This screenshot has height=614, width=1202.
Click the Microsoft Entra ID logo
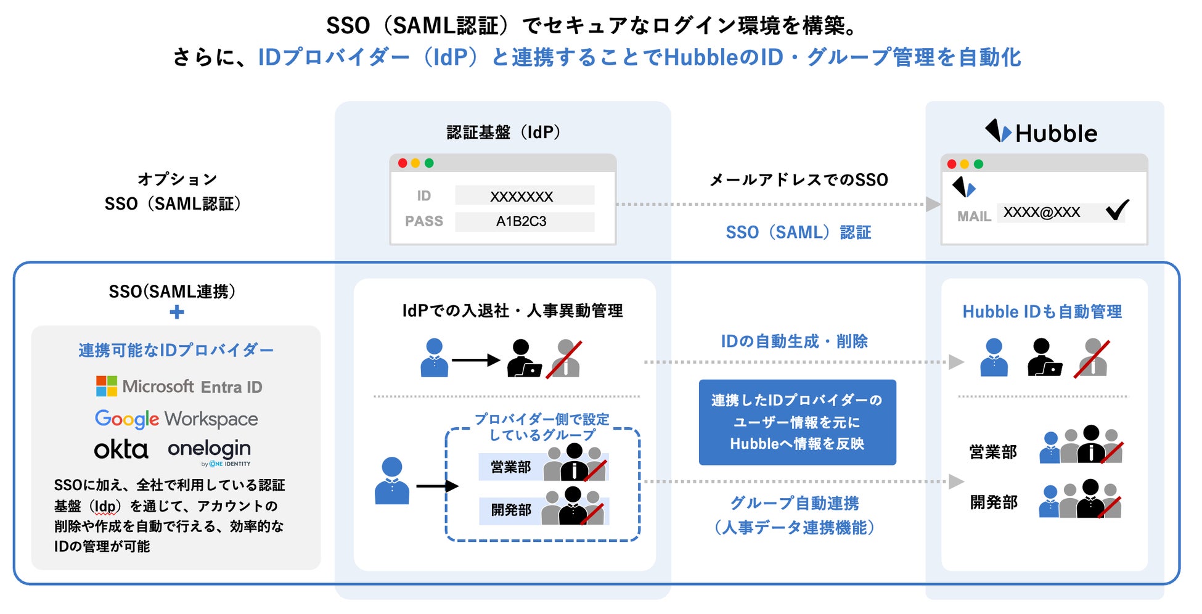tap(179, 387)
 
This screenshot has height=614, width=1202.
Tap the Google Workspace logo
tap(176, 419)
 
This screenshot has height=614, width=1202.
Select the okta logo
tap(121, 449)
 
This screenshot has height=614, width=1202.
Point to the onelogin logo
tap(209, 449)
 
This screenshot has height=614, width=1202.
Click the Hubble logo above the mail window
tap(1041, 133)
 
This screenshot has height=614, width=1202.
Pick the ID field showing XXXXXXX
tap(525, 196)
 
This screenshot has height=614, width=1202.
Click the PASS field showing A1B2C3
tap(525, 221)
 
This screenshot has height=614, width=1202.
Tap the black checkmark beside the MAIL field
tap(1117, 210)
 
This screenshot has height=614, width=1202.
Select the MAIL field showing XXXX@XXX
tap(1042, 213)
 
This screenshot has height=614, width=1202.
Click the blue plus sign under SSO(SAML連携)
tap(177, 312)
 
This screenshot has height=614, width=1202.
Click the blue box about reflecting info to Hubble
tap(797, 422)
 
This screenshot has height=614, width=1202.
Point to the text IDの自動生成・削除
tap(795, 341)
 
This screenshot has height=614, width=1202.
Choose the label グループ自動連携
tap(795, 503)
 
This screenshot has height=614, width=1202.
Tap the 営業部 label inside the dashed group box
tap(510, 467)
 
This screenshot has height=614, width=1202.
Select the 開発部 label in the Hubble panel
tap(994, 502)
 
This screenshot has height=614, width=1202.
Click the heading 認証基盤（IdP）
tap(503, 132)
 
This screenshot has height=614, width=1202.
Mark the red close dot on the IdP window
tap(403, 163)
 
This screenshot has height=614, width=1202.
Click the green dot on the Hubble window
tap(978, 164)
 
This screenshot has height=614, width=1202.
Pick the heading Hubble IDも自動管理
tap(1042, 312)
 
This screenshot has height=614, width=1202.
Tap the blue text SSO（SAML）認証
tap(798, 232)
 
